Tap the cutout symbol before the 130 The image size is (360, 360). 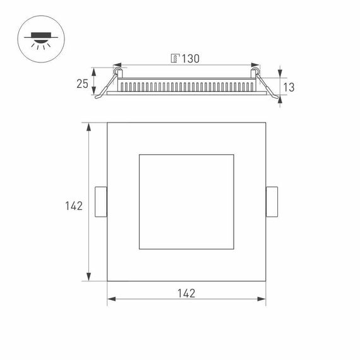coord(174,59)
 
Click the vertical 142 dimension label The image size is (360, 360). coord(73,206)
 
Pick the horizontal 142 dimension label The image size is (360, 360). coord(186,293)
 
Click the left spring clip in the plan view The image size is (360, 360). coord(101,201)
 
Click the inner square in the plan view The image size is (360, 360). coord(186,201)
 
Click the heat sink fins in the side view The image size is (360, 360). coord(186,85)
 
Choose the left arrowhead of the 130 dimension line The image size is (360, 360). coord(117,65)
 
